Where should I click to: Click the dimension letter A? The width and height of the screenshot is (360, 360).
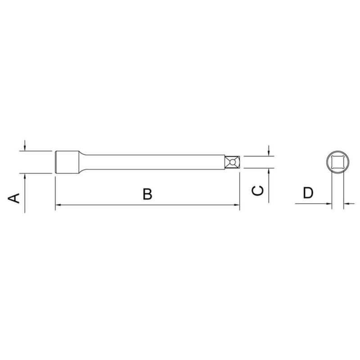(x=14, y=198)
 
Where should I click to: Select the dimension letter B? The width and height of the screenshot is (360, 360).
(x=148, y=194)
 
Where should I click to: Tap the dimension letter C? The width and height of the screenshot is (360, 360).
(x=257, y=190)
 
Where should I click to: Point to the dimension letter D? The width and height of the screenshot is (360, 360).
(x=308, y=193)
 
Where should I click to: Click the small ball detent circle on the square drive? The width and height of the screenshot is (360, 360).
(x=232, y=162)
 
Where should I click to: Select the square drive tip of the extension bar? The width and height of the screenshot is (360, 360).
(x=232, y=162)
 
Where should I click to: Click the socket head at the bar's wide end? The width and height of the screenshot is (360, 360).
(x=67, y=162)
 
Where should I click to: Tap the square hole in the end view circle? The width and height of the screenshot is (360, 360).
(x=338, y=162)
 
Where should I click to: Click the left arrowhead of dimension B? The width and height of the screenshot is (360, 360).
(x=58, y=205)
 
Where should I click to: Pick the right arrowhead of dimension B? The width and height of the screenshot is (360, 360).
(x=237, y=205)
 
